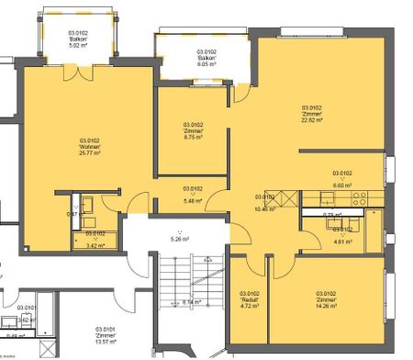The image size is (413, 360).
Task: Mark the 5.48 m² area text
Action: (193, 200)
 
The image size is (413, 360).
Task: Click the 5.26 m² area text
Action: (179, 240)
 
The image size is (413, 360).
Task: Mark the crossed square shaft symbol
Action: (285, 197)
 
